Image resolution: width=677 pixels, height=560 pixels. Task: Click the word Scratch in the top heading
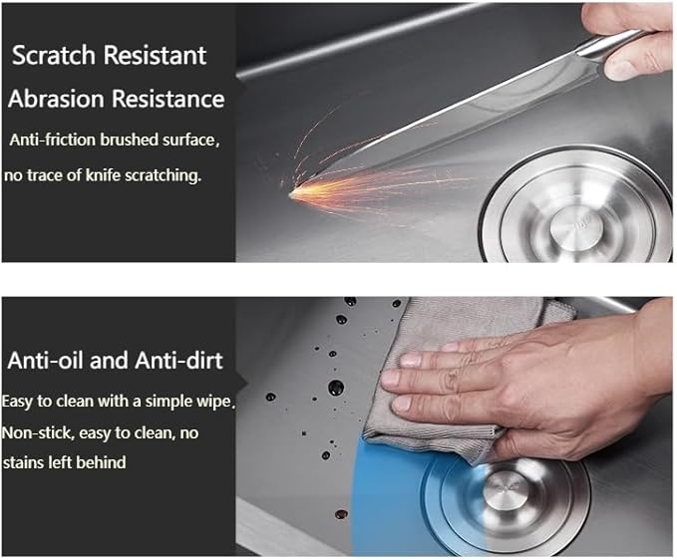(x=54, y=55)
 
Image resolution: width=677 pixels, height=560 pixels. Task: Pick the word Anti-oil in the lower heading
(x=46, y=360)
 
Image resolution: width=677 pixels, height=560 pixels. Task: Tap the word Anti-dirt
(x=178, y=360)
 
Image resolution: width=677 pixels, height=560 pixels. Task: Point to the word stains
(x=23, y=462)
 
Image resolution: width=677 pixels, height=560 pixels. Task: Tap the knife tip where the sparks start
(x=290, y=194)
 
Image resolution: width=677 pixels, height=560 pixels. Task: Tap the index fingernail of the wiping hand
(x=412, y=359)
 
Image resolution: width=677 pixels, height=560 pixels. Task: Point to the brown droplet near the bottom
(x=341, y=514)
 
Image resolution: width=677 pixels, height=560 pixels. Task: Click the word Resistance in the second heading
(x=169, y=99)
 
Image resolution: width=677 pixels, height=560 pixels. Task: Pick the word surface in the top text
(x=190, y=140)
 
